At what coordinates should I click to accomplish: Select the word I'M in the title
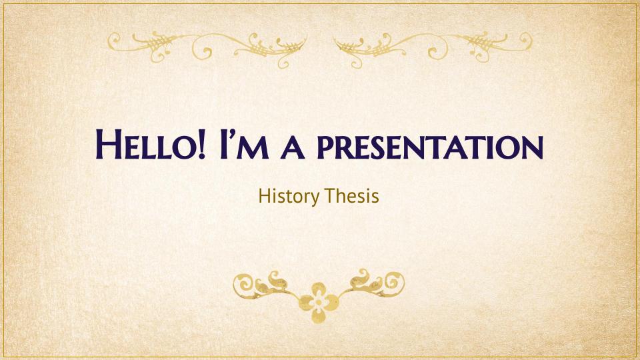coord(244,145)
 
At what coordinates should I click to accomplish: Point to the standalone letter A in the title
coord(293,148)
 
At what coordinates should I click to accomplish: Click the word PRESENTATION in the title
coord(430,147)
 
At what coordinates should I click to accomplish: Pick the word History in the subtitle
coord(289,197)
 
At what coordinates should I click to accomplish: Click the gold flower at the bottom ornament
coord(319,303)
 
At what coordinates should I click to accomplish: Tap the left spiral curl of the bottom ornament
coord(244,283)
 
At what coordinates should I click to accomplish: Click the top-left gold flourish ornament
coord(207,48)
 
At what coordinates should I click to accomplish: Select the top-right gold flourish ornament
coord(433,48)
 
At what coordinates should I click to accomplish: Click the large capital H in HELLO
coord(108,145)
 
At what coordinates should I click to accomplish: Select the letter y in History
coord(315,199)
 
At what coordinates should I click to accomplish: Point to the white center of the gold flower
coord(319,303)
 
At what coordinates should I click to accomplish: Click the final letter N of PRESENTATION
coord(532,148)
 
